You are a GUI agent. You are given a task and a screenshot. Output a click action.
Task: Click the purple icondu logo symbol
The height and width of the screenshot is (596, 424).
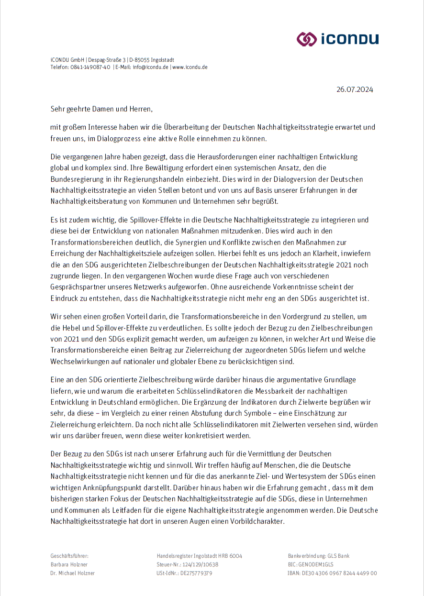click(307, 39)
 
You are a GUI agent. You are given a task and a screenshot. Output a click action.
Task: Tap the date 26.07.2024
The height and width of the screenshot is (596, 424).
click(355, 89)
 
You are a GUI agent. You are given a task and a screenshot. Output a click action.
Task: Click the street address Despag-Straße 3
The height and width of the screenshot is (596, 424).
click(107, 60)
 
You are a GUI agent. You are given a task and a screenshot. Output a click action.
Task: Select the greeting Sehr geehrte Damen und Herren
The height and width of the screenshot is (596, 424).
click(101, 109)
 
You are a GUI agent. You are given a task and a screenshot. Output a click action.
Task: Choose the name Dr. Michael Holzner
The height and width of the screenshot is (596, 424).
click(73, 573)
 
